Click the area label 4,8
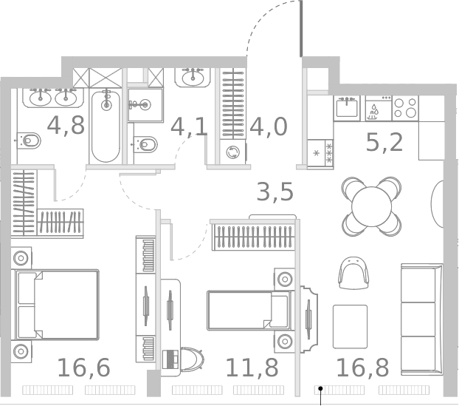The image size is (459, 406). point(66,125)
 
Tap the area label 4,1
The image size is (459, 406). point(189,127)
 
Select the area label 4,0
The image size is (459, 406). point(267,126)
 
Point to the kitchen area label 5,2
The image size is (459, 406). point(384,141)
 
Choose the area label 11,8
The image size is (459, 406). point(252,367)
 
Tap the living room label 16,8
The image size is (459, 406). point(362,367)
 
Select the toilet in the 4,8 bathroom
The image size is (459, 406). point(28,140)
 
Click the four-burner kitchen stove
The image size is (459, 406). point(405,108)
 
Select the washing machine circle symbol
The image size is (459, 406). point(234,152)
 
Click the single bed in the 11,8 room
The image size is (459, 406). point(248,310)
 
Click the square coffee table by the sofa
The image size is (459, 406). point(350,326)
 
